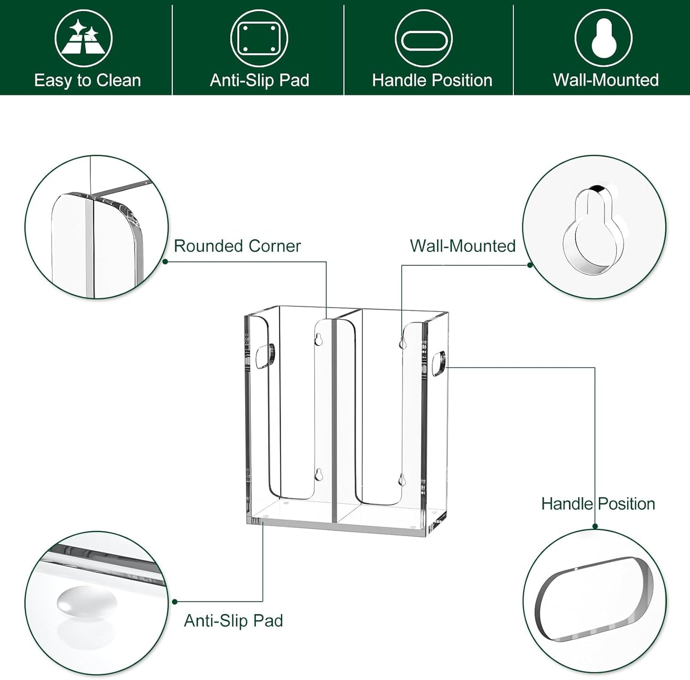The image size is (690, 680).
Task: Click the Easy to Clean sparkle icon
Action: tap(83, 39)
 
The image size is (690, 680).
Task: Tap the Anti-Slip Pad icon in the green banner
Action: tap(259, 39)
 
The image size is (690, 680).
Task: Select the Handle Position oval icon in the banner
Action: tap(424, 40)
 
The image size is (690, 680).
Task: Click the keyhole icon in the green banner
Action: tap(603, 38)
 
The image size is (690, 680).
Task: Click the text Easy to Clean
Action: tap(87, 80)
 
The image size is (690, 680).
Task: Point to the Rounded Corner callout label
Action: tap(237, 246)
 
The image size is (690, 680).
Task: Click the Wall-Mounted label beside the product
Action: tap(462, 246)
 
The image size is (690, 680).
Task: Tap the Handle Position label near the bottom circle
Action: tap(598, 504)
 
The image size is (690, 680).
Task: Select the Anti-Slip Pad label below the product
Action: tap(234, 620)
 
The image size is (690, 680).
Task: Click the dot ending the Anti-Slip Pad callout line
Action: tap(175, 602)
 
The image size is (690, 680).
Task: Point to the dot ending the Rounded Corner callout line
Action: tap(165, 261)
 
